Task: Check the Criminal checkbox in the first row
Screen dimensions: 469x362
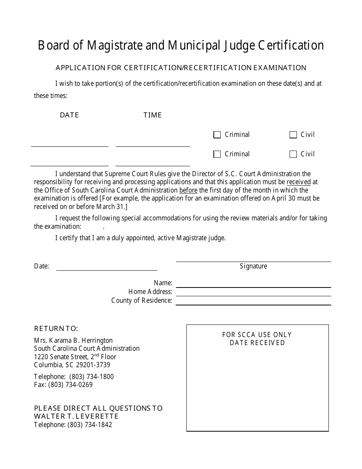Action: click(217, 135)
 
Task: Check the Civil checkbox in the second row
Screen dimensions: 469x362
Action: click(293, 154)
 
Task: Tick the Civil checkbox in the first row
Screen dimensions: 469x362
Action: click(293, 135)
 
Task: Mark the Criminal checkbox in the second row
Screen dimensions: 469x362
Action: click(217, 154)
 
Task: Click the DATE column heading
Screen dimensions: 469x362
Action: click(69, 115)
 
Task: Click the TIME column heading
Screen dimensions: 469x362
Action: click(152, 115)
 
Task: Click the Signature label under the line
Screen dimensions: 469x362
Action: click(253, 267)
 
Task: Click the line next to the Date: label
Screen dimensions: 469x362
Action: click(107, 267)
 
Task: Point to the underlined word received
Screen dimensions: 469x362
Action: click(299, 182)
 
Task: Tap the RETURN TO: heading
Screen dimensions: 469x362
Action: click(56, 329)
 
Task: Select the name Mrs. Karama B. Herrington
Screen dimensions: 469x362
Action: click(73, 341)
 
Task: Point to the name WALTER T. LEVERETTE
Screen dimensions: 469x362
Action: click(76, 416)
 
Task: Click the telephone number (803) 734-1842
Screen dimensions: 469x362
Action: click(90, 425)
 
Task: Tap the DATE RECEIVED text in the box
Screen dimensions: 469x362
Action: click(257, 343)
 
